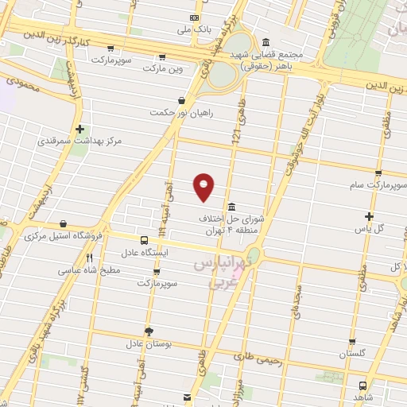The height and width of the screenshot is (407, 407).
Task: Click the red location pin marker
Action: [x=203, y=186]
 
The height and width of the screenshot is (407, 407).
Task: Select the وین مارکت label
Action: [x=162, y=69]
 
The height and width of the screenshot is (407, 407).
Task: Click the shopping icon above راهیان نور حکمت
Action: [x=183, y=100]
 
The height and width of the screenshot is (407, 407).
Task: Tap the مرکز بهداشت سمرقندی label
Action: [x=79, y=141]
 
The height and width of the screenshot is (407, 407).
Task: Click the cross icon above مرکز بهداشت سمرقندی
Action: [x=79, y=128]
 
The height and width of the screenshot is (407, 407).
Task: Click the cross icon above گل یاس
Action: [x=370, y=216]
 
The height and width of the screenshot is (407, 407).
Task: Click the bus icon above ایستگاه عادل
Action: [x=144, y=240]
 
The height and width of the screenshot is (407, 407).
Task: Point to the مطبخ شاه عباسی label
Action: [x=88, y=270]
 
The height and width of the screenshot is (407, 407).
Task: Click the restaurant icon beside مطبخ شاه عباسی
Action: [x=89, y=258]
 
